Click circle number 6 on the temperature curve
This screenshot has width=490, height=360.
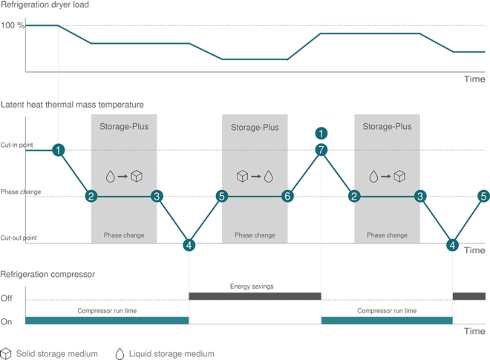click(287, 196)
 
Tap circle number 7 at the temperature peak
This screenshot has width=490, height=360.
click(321, 149)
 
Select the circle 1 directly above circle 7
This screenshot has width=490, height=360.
click(321, 133)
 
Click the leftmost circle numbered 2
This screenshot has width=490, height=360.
click(91, 196)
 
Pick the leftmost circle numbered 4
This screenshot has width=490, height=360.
click(189, 244)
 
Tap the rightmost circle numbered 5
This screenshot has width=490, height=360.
click(483, 196)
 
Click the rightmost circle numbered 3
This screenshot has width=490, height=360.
click(421, 196)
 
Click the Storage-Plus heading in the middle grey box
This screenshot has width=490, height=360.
click(255, 127)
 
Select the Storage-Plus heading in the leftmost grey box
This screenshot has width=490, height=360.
click(123, 127)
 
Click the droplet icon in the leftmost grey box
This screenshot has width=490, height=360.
click(110, 176)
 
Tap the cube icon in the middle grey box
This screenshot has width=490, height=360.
click(242, 176)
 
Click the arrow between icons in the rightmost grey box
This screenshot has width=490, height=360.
click(386, 176)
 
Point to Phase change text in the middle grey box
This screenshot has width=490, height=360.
click(255, 235)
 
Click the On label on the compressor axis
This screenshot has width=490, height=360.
click(8, 321)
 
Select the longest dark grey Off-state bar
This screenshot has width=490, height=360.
click(255, 295)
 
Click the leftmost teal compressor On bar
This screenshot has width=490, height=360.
click(108, 320)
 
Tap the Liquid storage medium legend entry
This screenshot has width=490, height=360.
click(167, 353)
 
